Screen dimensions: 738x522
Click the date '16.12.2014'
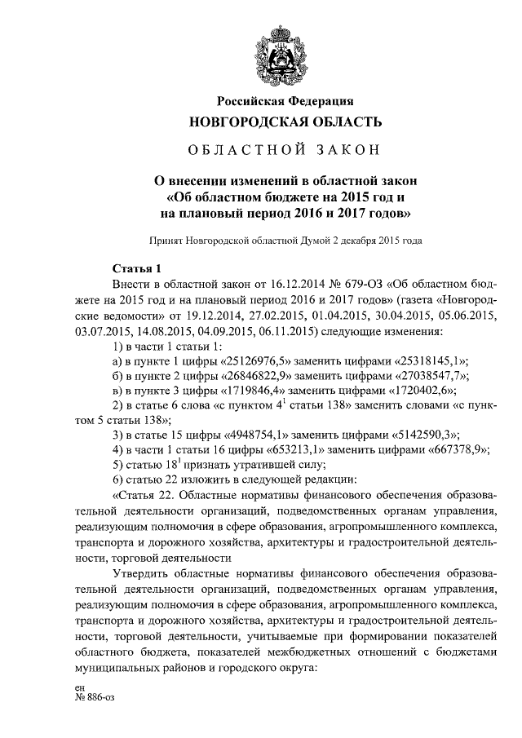coord(292,285)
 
